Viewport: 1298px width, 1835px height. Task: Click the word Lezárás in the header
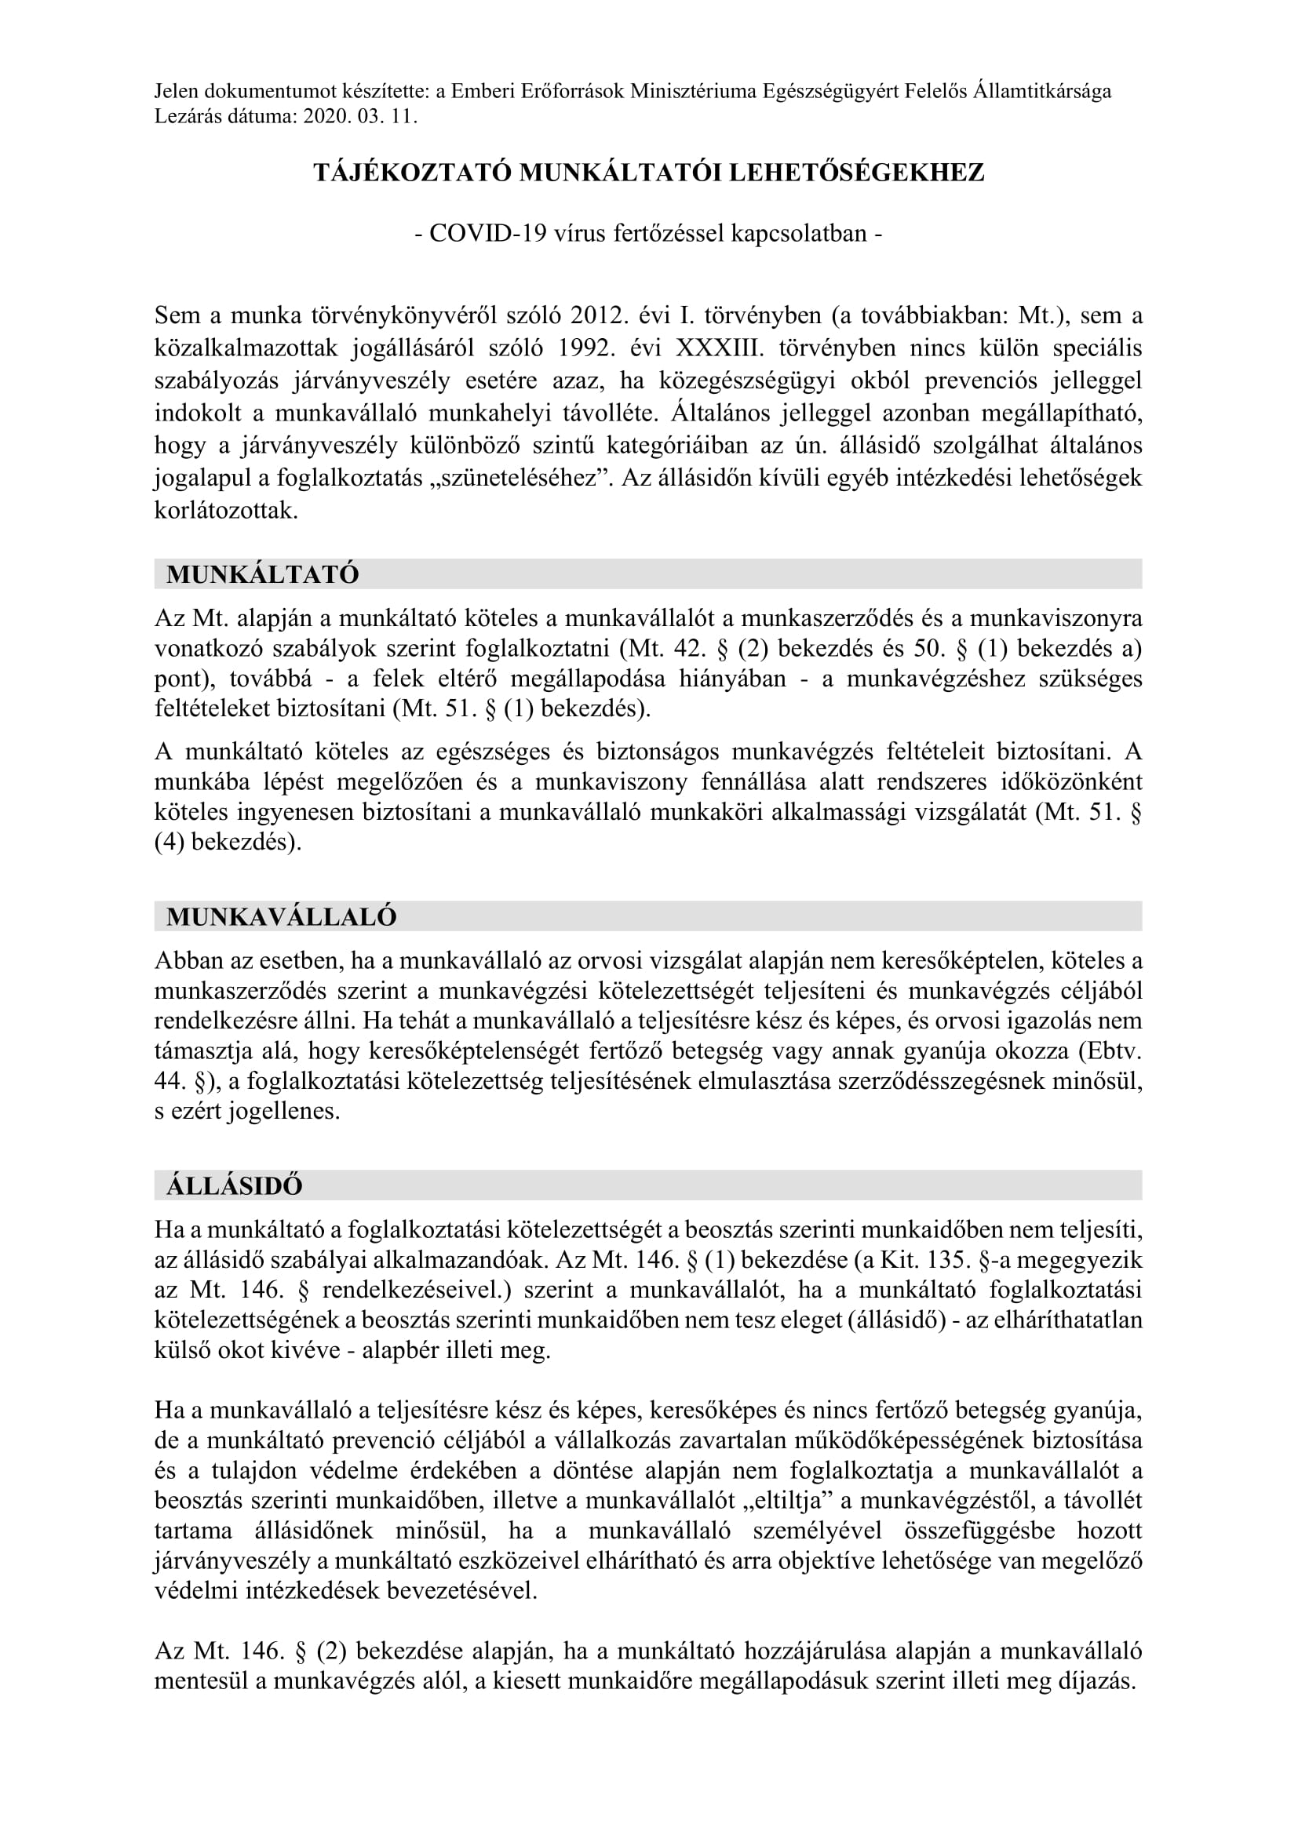tap(184, 117)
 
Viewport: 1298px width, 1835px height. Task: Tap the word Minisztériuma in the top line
tap(693, 92)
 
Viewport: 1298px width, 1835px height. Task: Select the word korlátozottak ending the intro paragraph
tap(226, 512)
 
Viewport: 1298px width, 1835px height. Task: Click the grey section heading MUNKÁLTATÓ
tap(263, 574)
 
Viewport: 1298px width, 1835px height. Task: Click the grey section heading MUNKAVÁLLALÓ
tap(282, 916)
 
